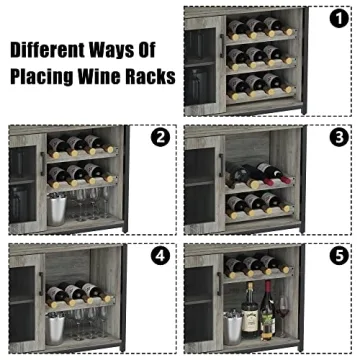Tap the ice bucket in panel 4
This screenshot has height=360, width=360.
[x=58, y=324]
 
